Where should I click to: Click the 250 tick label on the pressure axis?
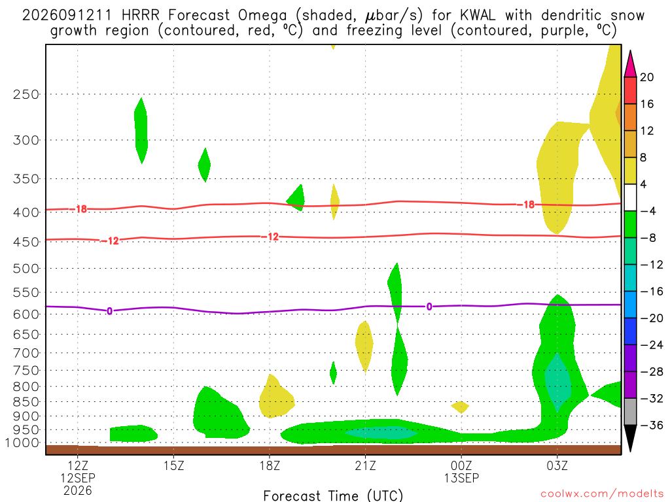(26, 94)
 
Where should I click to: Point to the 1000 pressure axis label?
(22, 443)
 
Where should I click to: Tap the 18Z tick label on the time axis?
(270, 465)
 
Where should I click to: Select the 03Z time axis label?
(557, 465)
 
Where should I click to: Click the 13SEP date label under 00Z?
(461, 478)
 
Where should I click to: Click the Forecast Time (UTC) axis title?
(333, 495)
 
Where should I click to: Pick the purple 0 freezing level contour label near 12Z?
(110, 311)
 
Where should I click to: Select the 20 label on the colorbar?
(647, 77)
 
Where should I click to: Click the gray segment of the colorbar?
(630, 412)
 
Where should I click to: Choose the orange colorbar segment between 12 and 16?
(630, 118)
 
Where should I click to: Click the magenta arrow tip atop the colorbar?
(630, 50)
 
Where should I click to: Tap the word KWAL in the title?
(478, 16)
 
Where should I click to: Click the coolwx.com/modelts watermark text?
(602, 494)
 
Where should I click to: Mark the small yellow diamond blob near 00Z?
(460, 407)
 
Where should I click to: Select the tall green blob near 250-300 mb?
(141, 131)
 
